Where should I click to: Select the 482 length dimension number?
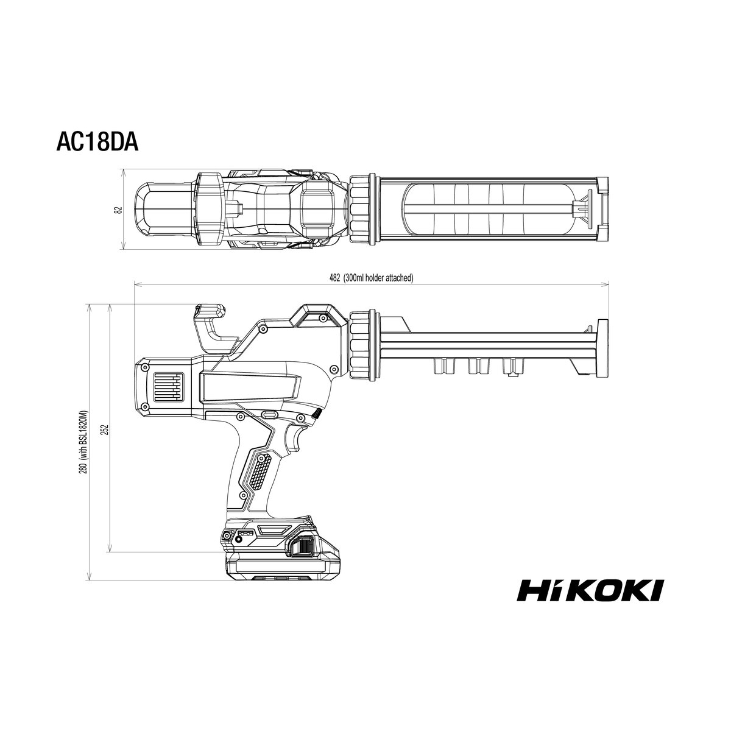tap(334, 278)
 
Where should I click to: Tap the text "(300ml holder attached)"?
tap(378, 278)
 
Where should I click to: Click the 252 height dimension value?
tap(106, 429)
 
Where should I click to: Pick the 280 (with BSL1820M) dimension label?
tap(85, 442)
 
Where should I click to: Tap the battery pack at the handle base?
tap(279, 553)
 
